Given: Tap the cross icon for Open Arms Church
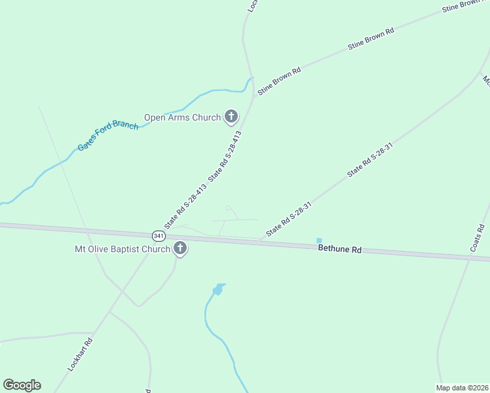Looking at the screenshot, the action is [x=231, y=117].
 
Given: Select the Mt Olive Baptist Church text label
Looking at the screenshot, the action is [x=122, y=249].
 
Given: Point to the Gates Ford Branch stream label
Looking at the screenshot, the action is [x=108, y=136].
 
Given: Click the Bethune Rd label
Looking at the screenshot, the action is [x=340, y=249].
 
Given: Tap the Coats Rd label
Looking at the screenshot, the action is [x=477, y=238].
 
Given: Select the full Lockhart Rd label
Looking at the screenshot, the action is [x=81, y=354].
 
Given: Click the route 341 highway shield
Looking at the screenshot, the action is [x=158, y=235].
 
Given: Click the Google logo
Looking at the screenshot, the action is [x=22, y=385].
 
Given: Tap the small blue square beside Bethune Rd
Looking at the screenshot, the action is [x=319, y=240].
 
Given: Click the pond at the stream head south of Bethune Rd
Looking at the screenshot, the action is [x=218, y=289].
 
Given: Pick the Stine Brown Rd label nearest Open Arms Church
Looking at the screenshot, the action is [x=279, y=81].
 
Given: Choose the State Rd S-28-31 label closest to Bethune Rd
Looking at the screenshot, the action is [x=288, y=217].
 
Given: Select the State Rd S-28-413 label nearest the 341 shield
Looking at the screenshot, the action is [x=185, y=206].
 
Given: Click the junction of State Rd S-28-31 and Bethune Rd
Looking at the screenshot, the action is [x=260, y=240].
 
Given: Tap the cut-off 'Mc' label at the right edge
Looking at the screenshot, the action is [x=486, y=80].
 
